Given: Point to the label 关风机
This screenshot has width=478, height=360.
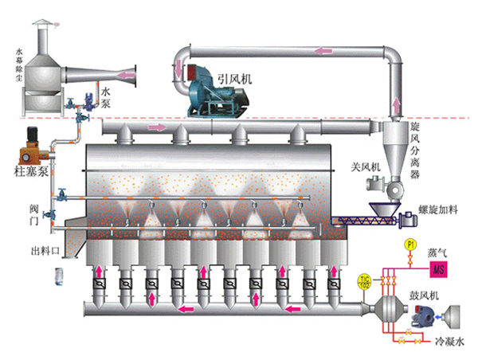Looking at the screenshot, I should click(367, 168).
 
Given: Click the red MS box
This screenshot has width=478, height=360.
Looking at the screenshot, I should click(437, 271).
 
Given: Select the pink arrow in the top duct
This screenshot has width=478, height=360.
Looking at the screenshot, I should click(323, 53).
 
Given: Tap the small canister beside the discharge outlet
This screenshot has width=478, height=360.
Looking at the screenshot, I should click(58, 276).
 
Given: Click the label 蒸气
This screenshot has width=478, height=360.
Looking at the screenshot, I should click(437, 252).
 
